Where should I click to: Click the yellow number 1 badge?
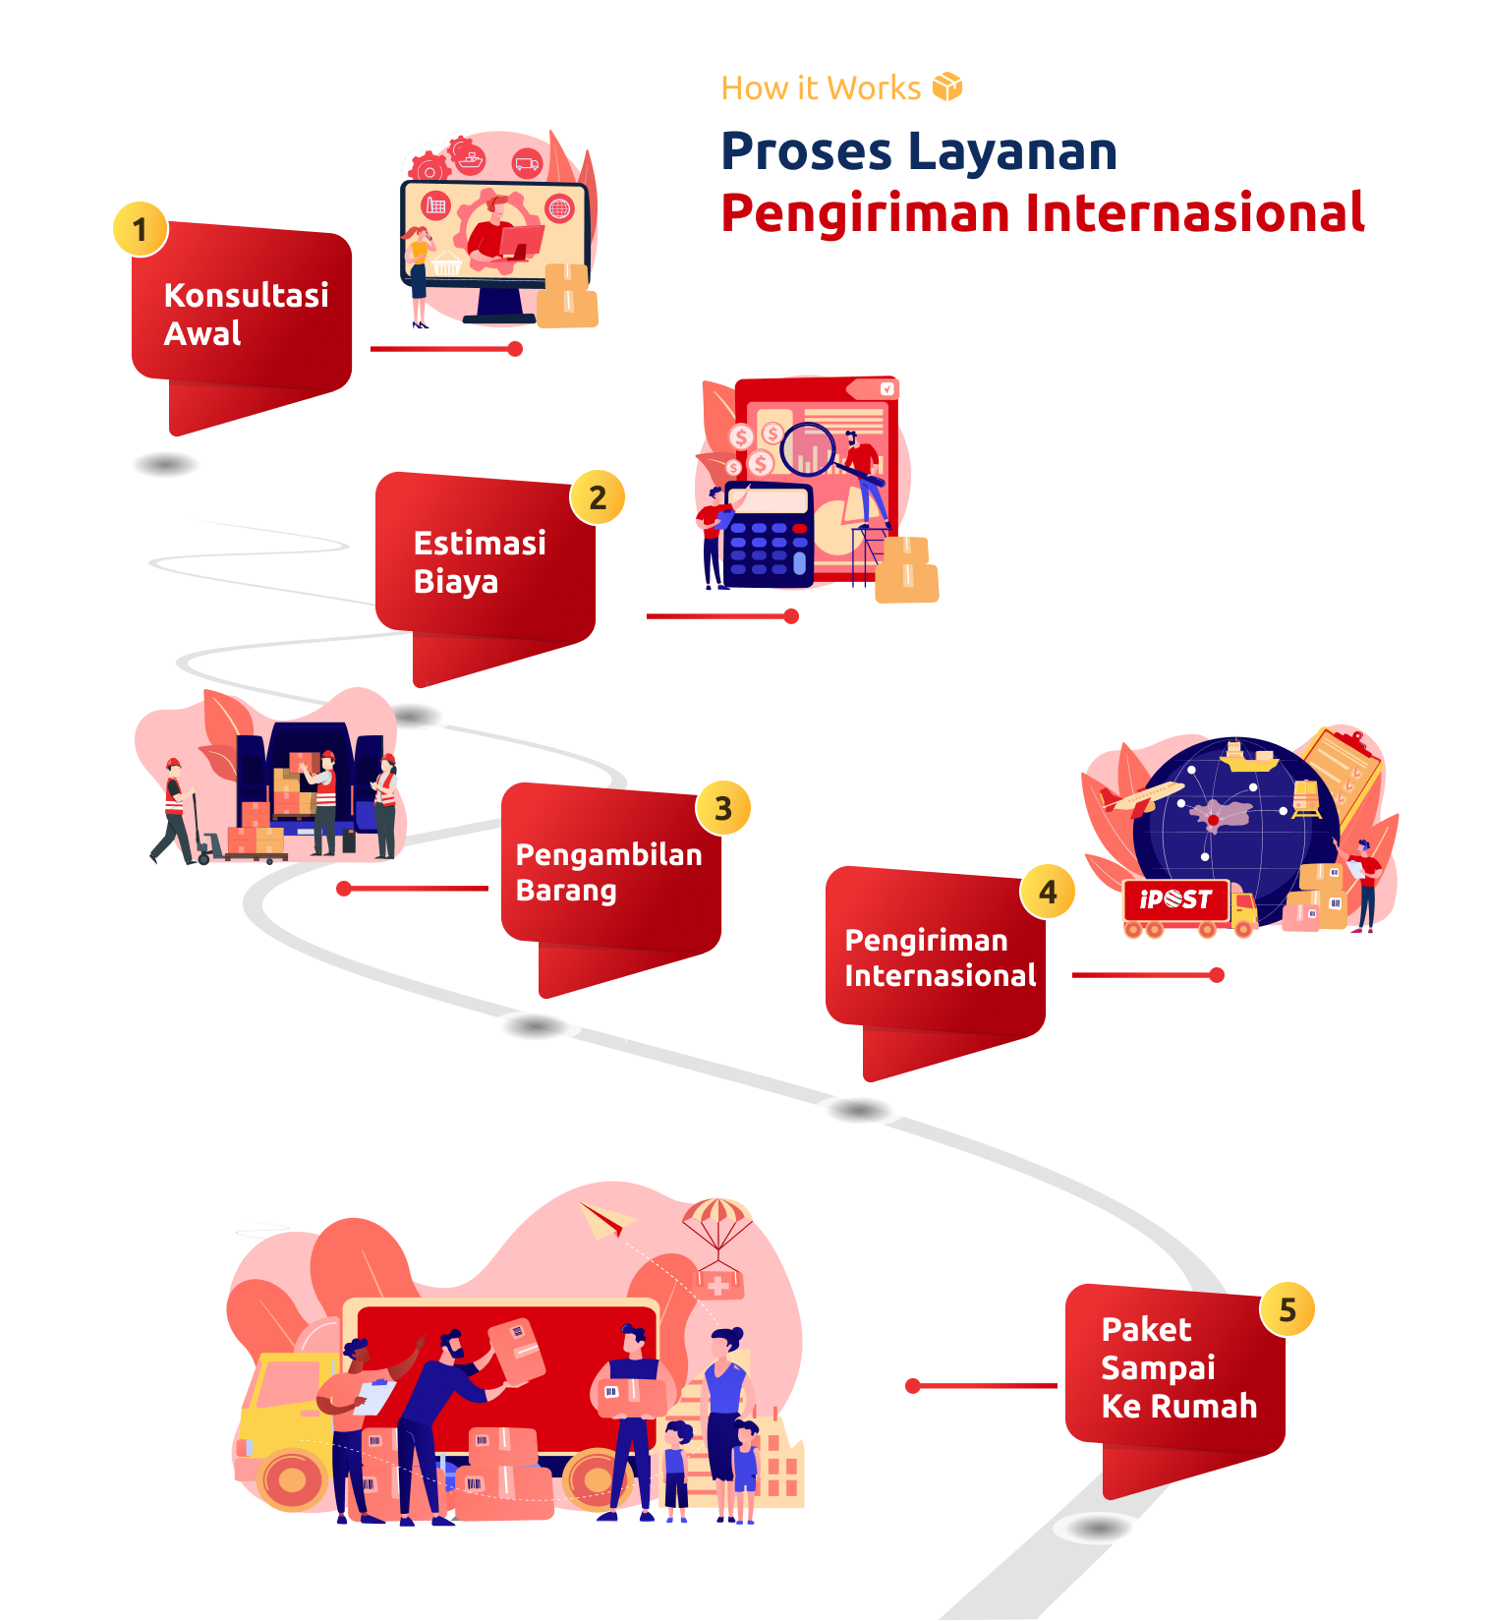click(x=140, y=229)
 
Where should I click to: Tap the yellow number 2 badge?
click(x=598, y=497)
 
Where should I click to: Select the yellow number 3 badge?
click(x=723, y=808)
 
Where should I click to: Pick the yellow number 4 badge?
click(x=1048, y=892)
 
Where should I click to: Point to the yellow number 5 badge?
click(x=1287, y=1309)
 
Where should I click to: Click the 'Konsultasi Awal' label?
click(x=246, y=315)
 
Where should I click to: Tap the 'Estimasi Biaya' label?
click(x=480, y=562)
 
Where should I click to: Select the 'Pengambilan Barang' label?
click(x=608, y=872)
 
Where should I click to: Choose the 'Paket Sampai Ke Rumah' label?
click(x=1178, y=1367)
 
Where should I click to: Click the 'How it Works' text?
click(x=821, y=88)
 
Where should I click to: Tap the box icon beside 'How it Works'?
click(x=947, y=87)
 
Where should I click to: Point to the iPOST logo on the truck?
click(x=1175, y=898)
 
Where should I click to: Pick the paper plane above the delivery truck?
click(x=605, y=1219)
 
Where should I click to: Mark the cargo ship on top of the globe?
click(x=1248, y=758)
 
